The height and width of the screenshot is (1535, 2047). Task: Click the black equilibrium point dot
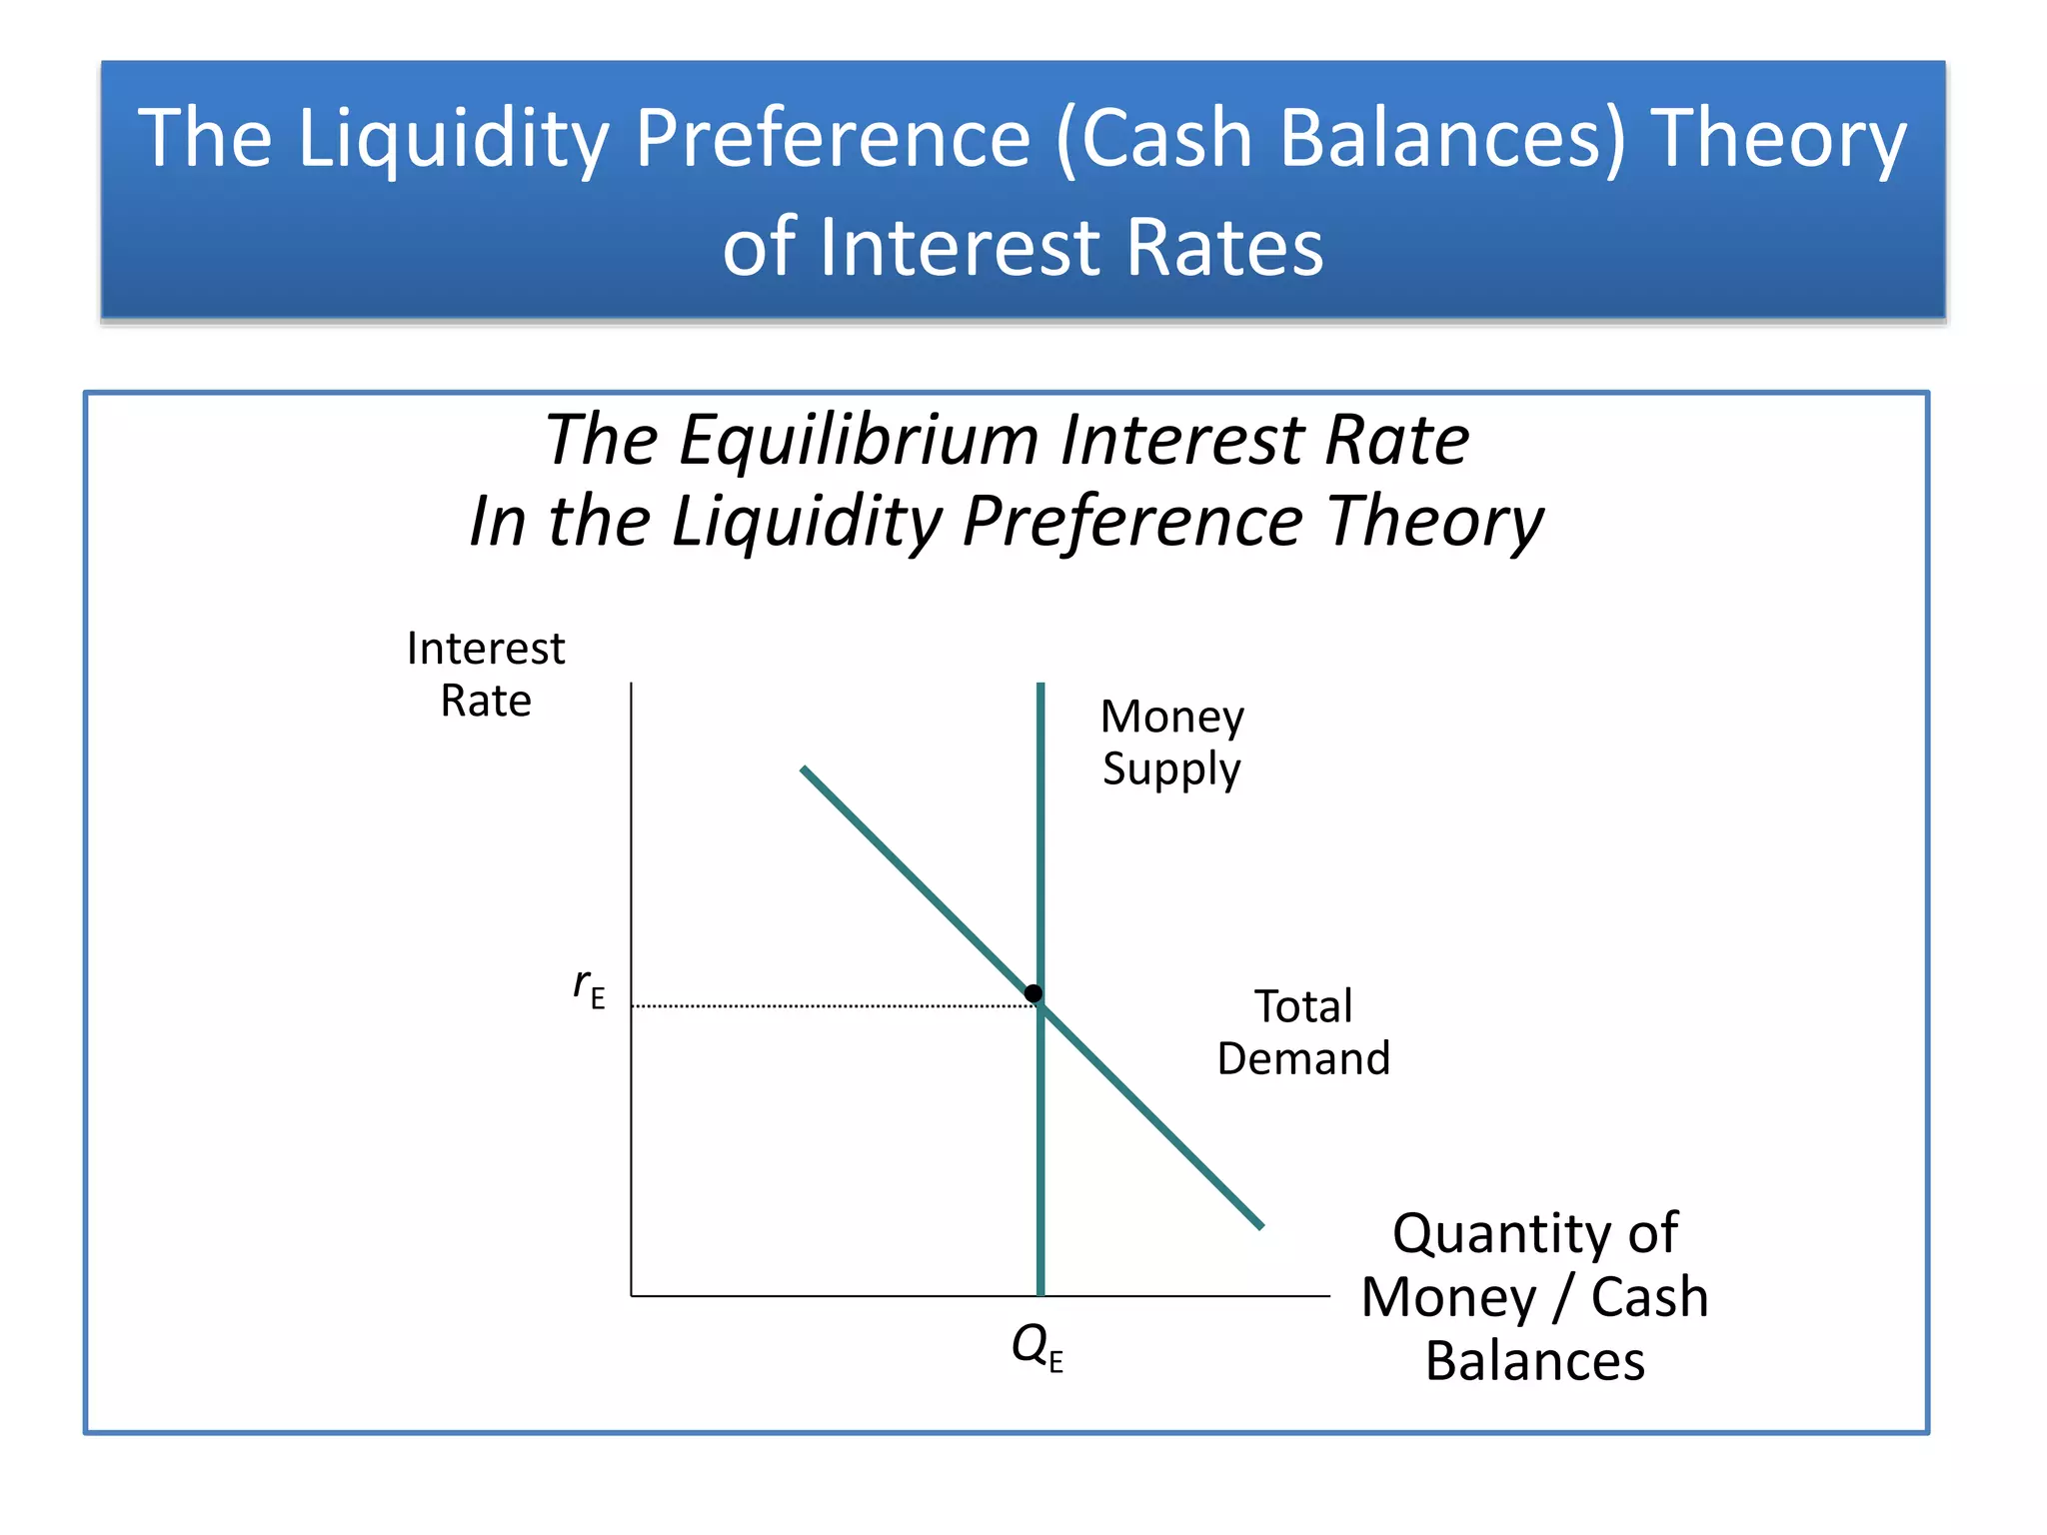1033,993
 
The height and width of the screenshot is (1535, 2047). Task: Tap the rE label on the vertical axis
589,987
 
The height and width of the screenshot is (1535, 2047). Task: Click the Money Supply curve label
1172,743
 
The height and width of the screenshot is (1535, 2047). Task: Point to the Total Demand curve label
1303,1032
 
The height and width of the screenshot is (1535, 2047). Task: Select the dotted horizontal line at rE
830,1006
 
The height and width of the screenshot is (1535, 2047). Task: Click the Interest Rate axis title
486,675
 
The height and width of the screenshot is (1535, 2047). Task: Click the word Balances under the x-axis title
1535,1361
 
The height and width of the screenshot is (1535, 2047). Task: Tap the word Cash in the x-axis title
1649,1298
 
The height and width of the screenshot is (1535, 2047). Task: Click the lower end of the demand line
1259,1224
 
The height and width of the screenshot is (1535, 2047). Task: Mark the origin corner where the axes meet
632,1296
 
